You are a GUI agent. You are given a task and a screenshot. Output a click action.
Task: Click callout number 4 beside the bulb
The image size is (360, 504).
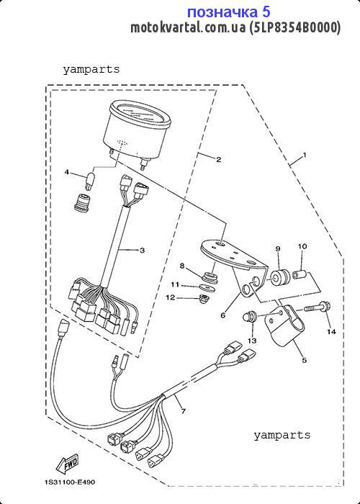tap(67, 172)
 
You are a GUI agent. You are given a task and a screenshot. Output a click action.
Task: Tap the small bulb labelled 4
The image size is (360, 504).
tap(90, 180)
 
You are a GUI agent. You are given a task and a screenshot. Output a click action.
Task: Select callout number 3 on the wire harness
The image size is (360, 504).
tap(142, 250)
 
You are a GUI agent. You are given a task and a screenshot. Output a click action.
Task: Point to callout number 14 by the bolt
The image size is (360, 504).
tap(331, 331)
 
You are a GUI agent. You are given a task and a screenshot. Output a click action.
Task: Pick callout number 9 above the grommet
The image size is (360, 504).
tap(278, 248)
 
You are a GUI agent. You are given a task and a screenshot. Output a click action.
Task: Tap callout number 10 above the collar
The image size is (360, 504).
tap(302, 246)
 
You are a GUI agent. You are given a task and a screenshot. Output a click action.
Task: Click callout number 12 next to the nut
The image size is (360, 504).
tap(171, 297)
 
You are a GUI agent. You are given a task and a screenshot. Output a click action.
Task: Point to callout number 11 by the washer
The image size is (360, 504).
tap(175, 284)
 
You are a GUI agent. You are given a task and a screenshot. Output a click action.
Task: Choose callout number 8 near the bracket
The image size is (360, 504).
tap(182, 266)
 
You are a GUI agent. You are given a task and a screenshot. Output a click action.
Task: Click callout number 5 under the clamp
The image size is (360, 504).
tap(304, 360)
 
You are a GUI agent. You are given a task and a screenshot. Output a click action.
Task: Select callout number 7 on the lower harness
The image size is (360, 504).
tap(183, 411)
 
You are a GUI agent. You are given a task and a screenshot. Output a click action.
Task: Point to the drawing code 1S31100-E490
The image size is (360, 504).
tap(70, 482)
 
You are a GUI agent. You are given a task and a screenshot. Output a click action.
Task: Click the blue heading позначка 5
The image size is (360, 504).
tap(228, 12)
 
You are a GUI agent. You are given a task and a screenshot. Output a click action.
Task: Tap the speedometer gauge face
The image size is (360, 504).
tap(140, 114)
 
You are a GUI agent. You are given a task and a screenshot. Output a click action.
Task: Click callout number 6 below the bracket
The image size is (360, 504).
tap(222, 315)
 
